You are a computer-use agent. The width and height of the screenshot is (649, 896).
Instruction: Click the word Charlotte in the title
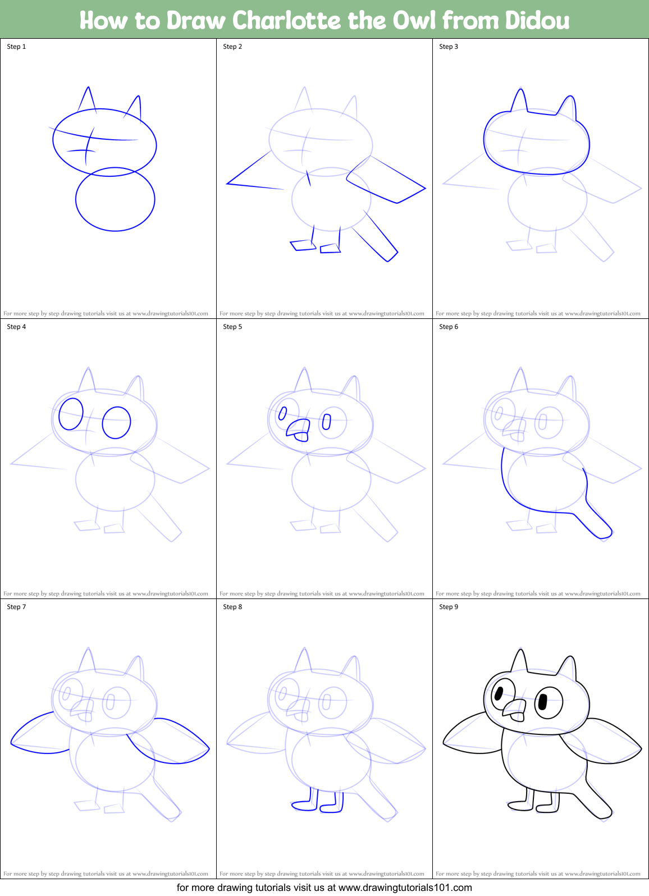pyautogui.click(x=286, y=20)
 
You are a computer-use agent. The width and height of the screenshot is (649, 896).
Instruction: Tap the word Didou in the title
pyautogui.click(x=537, y=20)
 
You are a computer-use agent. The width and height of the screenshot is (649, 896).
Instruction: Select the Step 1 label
pyautogui.click(x=16, y=47)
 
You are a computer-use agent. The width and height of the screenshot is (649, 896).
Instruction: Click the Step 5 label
pyautogui.click(x=232, y=327)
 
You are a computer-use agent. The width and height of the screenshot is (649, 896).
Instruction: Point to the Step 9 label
pyautogui.click(x=449, y=607)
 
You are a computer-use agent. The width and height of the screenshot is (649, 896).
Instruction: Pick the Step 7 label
pyautogui.click(x=16, y=607)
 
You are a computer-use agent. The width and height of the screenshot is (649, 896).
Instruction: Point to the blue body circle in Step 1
pyautogui.click(x=115, y=199)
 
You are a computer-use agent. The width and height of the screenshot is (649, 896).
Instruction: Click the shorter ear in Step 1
pyautogui.click(x=135, y=107)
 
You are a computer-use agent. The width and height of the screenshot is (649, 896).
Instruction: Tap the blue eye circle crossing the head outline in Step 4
pyautogui.click(x=71, y=414)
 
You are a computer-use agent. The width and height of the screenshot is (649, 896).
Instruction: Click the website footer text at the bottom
pyautogui.click(x=324, y=888)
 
